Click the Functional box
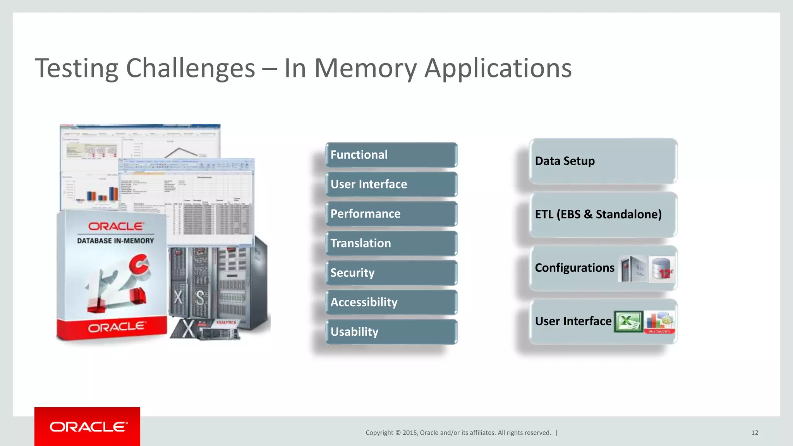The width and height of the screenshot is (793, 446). click(x=391, y=154)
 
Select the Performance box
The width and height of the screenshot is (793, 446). click(x=391, y=214)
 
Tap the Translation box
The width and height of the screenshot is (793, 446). click(x=391, y=243)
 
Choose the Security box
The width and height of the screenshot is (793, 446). click(x=391, y=273)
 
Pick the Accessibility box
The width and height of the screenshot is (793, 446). click(x=391, y=302)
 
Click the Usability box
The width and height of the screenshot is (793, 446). click(x=391, y=332)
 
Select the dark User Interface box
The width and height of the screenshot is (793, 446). click(x=391, y=184)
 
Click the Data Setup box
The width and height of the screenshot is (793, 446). click(x=602, y=161)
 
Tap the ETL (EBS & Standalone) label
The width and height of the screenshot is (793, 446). click(x=598, y=214)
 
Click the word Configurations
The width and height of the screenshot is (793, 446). click(x=575, y=268)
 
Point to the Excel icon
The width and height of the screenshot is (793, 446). click(x=628, y=322)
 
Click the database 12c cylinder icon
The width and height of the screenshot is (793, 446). click(x=662, y=269)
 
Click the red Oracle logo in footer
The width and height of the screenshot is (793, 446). click(x=88, y=427)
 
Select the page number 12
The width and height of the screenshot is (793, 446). click(x=754, y=433)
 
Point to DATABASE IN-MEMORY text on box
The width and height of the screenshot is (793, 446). click(x=115, y=241)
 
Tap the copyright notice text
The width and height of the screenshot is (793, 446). click(x=458, y=433)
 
